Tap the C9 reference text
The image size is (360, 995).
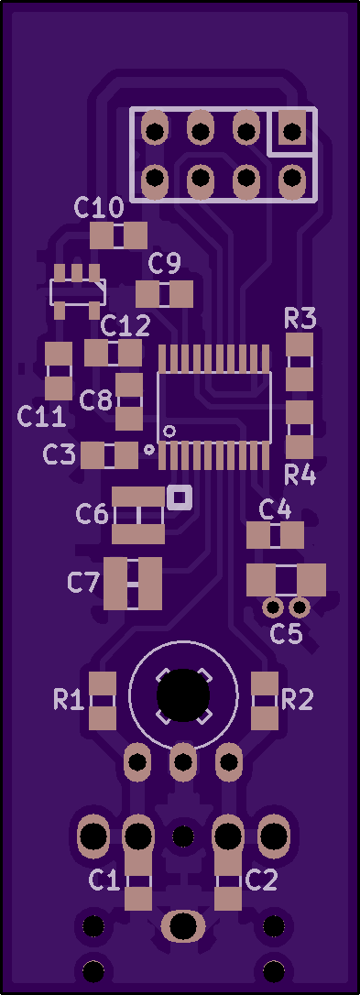165,262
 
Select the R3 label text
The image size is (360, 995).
300,319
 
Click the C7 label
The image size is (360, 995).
83,582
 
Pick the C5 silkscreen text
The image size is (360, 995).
287,633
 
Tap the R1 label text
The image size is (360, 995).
70,700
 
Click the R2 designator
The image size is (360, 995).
297,700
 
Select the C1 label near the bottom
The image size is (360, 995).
104,880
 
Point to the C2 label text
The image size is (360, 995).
261,880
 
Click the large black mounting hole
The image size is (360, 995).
183,695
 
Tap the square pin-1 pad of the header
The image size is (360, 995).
292,131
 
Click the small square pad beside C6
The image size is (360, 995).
179,497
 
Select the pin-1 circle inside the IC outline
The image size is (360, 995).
169,432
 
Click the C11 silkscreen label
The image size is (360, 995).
42,416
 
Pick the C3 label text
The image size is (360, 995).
59,454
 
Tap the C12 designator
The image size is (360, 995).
125,326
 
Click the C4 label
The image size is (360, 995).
276,508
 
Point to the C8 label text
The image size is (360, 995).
96,400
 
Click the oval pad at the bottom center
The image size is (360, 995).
183,926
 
